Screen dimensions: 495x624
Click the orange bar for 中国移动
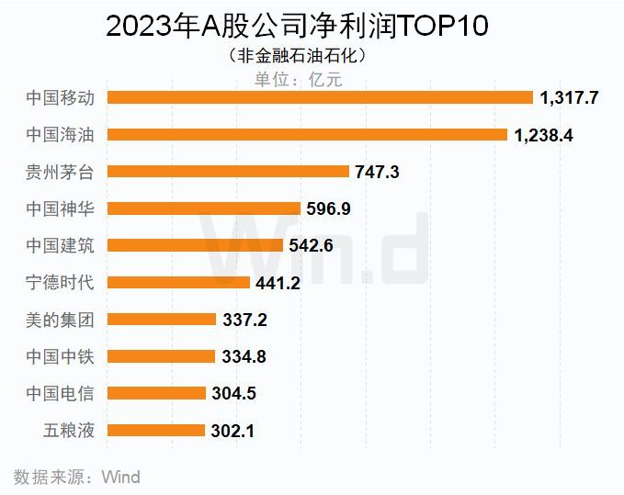tap(321, 97)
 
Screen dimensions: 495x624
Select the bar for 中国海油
tap(308, 134)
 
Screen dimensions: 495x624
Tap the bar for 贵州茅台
tap(229, 171)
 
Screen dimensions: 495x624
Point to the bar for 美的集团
tap(162, 320)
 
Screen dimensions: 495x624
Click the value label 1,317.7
tap(570, 97)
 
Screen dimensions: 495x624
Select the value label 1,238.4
tap(544, 134)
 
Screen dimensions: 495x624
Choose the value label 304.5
tap(233, 393)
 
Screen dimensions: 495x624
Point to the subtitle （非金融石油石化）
tap(299, 56)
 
